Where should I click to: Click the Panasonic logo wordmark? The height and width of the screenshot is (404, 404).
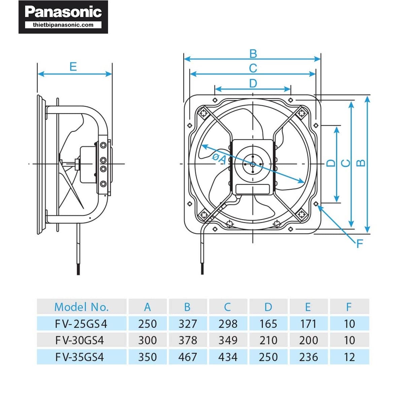(63, 12)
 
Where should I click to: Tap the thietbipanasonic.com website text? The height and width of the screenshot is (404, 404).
(63, 25)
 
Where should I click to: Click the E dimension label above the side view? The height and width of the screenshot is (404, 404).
(73, 67)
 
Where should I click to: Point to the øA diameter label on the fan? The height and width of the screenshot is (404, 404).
(219, 158)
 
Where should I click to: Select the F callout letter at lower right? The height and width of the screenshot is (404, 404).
(360, 243)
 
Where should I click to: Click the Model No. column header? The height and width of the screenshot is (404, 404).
(81, 307)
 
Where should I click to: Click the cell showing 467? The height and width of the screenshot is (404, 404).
(188, 357)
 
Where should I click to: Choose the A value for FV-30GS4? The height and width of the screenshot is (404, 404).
(147, 340)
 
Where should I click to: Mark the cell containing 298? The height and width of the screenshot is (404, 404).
(228, 324)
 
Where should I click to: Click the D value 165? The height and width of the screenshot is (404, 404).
(268, 324)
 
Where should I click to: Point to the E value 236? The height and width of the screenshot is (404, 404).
(308, 357)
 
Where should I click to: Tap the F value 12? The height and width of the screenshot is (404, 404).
(349, 357)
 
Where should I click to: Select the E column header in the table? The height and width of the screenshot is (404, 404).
(308, 307)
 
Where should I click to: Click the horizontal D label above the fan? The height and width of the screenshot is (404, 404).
(253, 83)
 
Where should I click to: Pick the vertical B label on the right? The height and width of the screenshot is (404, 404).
(361, 163)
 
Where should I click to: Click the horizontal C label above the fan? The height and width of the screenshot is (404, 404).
(253, 68)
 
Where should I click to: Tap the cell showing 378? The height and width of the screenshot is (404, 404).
(188, 340)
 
